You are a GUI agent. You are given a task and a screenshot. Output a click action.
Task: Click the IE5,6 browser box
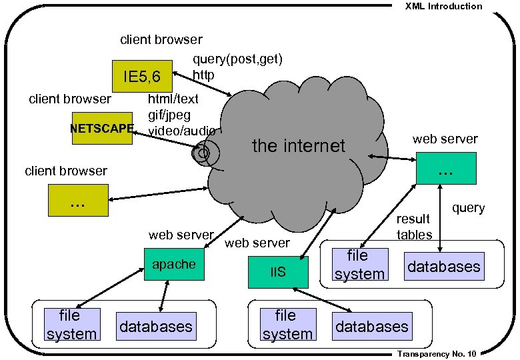[142, 77]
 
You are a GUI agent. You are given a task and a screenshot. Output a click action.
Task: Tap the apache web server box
[174, 265]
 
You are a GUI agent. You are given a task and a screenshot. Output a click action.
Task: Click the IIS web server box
[278, 272]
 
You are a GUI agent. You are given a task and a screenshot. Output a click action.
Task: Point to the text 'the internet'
[298, 145]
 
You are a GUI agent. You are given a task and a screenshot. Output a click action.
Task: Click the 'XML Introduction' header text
[443, 6]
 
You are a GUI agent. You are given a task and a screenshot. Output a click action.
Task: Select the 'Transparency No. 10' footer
[436, 354]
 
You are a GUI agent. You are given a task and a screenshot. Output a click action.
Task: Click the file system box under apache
[71, 325]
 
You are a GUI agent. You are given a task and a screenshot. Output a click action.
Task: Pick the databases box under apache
[156, 326]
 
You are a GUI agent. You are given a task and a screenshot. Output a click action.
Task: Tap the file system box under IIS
[287, 325]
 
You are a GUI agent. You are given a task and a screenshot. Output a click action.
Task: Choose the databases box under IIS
[371, 326]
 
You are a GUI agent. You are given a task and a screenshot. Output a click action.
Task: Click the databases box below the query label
[443, 267]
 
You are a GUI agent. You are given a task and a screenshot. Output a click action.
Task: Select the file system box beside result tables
[359, 265]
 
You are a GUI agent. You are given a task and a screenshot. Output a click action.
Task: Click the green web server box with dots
[446, 168]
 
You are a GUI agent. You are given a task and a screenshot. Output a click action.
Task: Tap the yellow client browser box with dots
[78, 201]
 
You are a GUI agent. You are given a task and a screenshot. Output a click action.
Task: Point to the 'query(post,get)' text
[237, 59]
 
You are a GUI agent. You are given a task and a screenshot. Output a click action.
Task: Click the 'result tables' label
[414, 227]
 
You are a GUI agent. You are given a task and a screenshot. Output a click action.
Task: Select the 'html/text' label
[173, 99]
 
